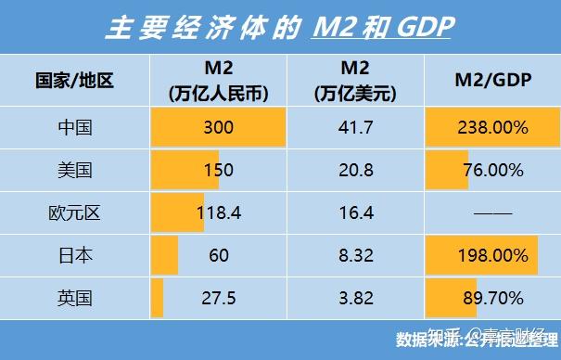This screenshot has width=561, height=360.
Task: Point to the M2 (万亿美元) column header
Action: [x=356, y=81]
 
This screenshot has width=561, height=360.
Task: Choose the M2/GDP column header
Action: [x=491, y=81]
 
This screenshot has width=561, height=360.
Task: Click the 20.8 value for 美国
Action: [x=356, y=171]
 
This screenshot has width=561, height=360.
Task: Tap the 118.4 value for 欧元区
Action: [x=219, y=213]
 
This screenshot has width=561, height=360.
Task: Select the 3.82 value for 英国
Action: [x=356, y=299]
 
